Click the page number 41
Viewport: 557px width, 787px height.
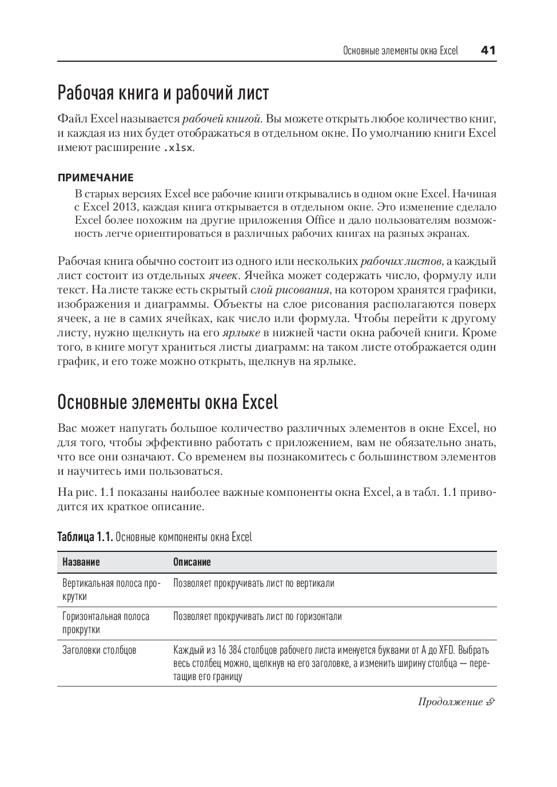click(488, 50)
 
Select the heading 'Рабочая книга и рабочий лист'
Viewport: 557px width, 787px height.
click(163, 93)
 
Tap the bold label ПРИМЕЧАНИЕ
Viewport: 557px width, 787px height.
click(96, 178)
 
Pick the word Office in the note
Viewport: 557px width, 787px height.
click(320, 220)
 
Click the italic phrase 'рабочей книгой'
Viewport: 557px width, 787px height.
click(221, 119)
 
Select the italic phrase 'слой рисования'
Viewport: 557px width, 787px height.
click(290, 290)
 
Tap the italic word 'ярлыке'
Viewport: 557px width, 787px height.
click(241, 333)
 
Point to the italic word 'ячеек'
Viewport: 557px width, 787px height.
click(222, 276)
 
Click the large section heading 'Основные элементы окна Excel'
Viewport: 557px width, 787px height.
click(168, 402)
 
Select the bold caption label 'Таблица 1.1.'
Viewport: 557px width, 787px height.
click(85, 537)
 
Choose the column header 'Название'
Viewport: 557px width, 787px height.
click(81, 562)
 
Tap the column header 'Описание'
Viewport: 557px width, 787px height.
click(192, 562)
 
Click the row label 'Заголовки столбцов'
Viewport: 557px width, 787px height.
click(100, 650)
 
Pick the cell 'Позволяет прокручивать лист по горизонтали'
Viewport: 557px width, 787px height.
click(257, 617)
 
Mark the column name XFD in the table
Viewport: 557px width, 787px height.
click(446, 650)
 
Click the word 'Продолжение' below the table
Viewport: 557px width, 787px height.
click(450, 702)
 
